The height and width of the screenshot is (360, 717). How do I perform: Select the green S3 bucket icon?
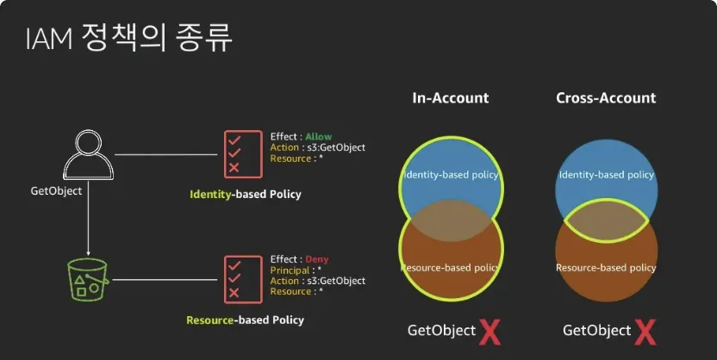(86, 278)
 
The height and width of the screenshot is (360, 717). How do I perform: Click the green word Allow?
(318, 137)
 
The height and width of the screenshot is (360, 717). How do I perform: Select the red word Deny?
(316, 259)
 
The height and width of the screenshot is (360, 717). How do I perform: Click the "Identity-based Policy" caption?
(246, 195)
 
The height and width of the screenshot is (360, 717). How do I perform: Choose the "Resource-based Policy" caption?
(245, 320)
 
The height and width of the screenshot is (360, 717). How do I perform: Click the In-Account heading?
(449, 98)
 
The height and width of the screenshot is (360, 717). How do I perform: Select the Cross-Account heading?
(606, 98)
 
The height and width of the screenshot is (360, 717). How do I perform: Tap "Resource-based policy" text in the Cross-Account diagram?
(606, 268)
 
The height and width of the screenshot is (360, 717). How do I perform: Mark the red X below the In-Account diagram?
(489, 331)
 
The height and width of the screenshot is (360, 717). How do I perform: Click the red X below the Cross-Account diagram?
(645, 331)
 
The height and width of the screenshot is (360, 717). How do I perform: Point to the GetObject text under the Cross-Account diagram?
(596, 331)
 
